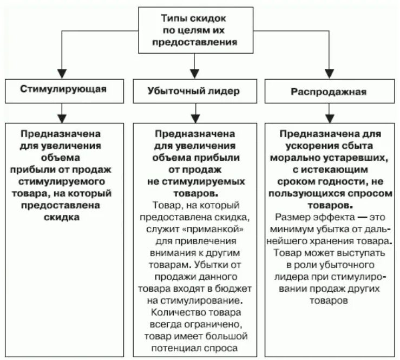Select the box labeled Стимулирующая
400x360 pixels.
click(63, 90)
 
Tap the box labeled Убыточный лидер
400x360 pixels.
click(194, 90)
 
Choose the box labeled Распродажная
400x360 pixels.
click(329, 92)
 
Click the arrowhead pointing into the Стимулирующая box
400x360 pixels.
click(63, 74)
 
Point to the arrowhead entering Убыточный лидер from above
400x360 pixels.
click(194, 74)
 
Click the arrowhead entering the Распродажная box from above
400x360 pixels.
click(329, 74)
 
